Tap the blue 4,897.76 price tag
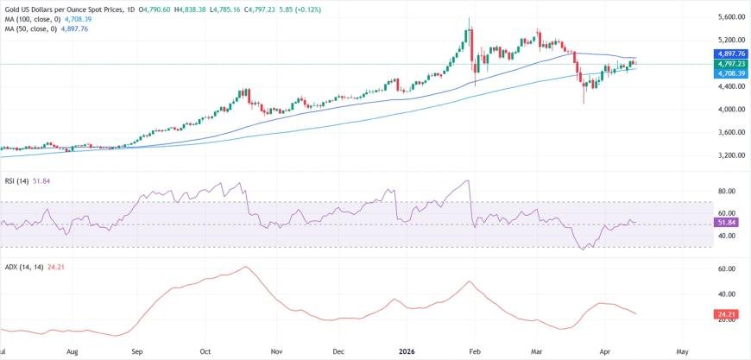click(729, 54)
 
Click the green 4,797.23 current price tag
click(729, 64)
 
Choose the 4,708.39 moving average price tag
click(729, 73)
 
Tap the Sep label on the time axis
click(137, 352)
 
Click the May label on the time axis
click(682, 352)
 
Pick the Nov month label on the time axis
click(276, 352)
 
